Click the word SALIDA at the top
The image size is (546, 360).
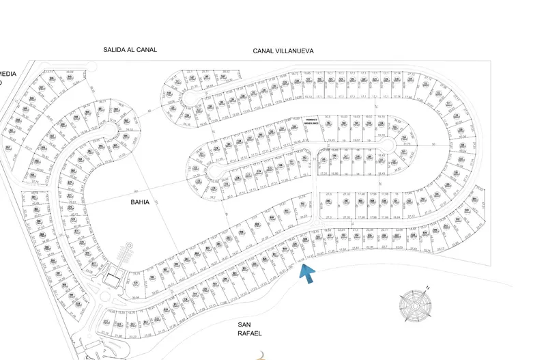pos(115,49)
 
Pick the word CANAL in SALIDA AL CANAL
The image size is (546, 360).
pos(147,49)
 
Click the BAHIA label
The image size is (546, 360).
pos(140,202)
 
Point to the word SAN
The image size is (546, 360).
pos(246,324)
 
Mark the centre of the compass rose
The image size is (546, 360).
pos(415,305)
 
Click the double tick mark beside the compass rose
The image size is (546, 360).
pos(427,288)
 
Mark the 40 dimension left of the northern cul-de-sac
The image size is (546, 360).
pos(149,111)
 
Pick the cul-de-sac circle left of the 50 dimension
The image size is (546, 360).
pos(386,147)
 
